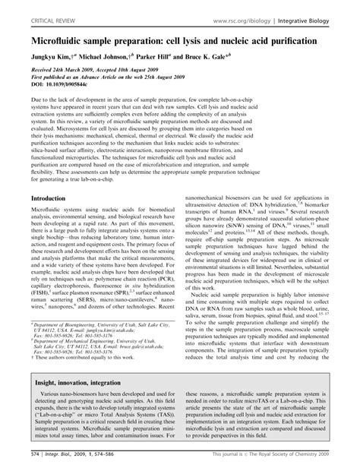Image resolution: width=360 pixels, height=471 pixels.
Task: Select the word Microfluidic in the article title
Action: click(x=69, y=35)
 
